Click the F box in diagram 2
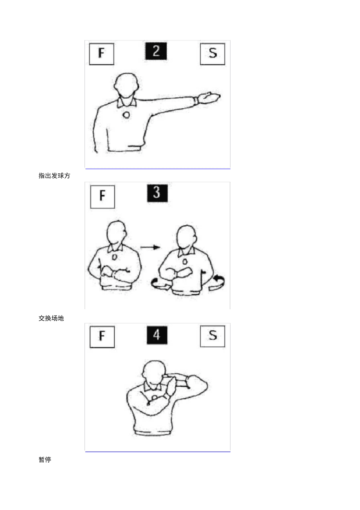click(101, 54)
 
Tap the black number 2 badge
click(156, 51)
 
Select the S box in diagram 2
click(212, 54)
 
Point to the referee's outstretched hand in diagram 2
click(209, 97)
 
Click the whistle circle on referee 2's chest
click(126, 115)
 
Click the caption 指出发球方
click(54, 176)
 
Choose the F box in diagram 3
click(103, 197)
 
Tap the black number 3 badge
click(157, 193)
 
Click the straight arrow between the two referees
click(150, 247)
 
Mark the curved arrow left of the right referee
click(159, 284)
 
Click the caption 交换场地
click(51, 318)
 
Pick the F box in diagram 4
click(102, 337)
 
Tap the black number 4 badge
click(157, 335)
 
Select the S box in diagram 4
click(212, 336)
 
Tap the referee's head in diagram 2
click(126, 85)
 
